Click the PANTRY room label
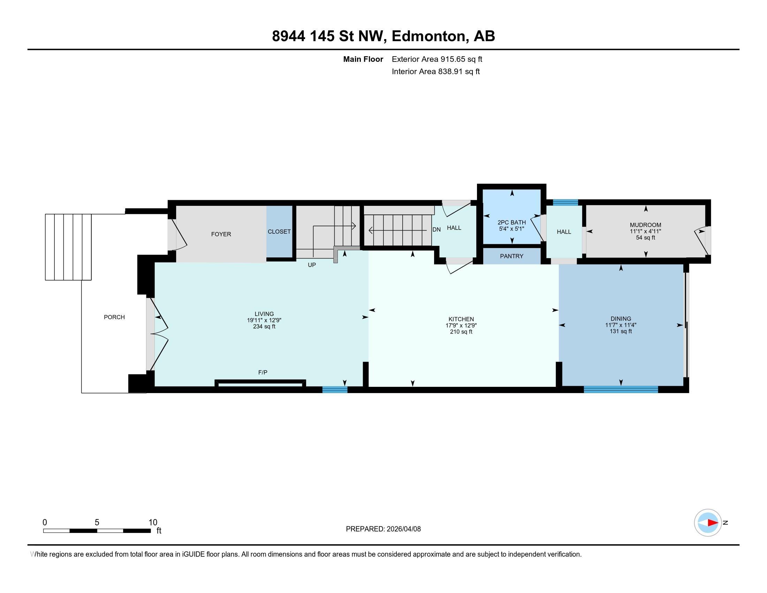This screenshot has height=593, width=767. click(x=511, y=256)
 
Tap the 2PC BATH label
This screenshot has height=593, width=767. click(x=511, y=223)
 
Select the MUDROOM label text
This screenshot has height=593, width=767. click(x=645, y=225)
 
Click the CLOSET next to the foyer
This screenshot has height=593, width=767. click(x=279, y=232)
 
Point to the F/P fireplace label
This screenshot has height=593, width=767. click(x=263, y=373)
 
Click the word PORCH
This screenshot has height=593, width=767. click(x=114, y=317)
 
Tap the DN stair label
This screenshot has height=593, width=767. click(x=436, y=230)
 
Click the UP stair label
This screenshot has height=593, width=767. click(x=311, y=265)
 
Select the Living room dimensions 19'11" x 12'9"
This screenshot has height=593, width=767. click(x=264, y=320)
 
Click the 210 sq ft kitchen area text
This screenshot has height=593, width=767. click(x=461, y=331)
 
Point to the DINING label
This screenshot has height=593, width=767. click(x=621, y=319)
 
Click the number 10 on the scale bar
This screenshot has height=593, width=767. click(x=153, y=522)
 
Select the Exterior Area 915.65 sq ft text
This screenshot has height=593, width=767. click(x=437, y=59)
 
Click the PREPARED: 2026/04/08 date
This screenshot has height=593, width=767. click(x=383, y=529)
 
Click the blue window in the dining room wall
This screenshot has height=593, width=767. click(x=621, y=389)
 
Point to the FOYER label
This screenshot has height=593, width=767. click(x=221, y=234)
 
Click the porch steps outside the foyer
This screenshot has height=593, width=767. click(x=68, y=247)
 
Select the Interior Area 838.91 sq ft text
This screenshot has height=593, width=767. click(x=435, y=71)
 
